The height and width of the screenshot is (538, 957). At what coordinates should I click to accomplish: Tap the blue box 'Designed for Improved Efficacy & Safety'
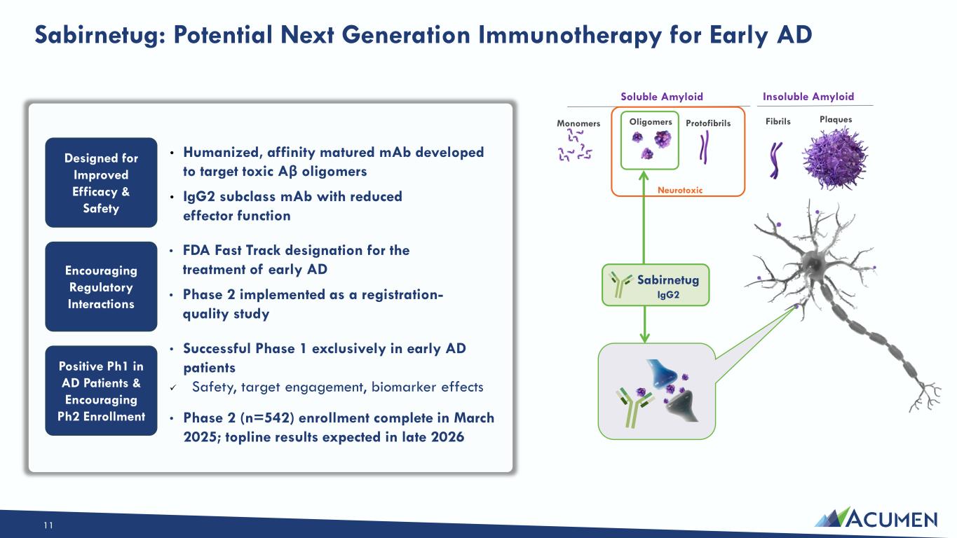101,182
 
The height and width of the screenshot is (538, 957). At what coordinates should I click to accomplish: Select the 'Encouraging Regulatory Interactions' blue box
101,287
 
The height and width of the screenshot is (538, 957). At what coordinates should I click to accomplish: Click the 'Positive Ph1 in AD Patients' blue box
101,391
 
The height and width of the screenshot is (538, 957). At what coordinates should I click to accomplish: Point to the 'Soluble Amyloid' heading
662,97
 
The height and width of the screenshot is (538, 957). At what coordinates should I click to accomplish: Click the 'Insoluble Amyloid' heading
808,97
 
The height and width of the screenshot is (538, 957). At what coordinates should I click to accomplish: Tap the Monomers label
578,123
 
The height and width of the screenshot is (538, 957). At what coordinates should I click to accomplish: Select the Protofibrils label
708,123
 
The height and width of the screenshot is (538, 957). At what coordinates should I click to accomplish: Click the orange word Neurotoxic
680,190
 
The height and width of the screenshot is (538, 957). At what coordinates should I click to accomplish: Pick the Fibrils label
778,121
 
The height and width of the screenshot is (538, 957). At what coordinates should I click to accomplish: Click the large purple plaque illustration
835,159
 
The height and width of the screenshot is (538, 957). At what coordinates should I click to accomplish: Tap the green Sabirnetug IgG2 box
656,285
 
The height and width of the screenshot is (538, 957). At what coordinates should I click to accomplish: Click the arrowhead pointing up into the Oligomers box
644,175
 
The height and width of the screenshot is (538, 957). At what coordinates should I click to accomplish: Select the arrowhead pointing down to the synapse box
645,338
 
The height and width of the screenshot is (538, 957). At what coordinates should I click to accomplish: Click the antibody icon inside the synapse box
634,407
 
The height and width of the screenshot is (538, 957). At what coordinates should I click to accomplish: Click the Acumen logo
876,518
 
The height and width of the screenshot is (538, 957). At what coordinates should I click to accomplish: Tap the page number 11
48,525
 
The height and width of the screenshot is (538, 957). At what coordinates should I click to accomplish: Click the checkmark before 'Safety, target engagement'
172,387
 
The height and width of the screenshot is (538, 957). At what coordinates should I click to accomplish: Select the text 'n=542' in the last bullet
267,418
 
